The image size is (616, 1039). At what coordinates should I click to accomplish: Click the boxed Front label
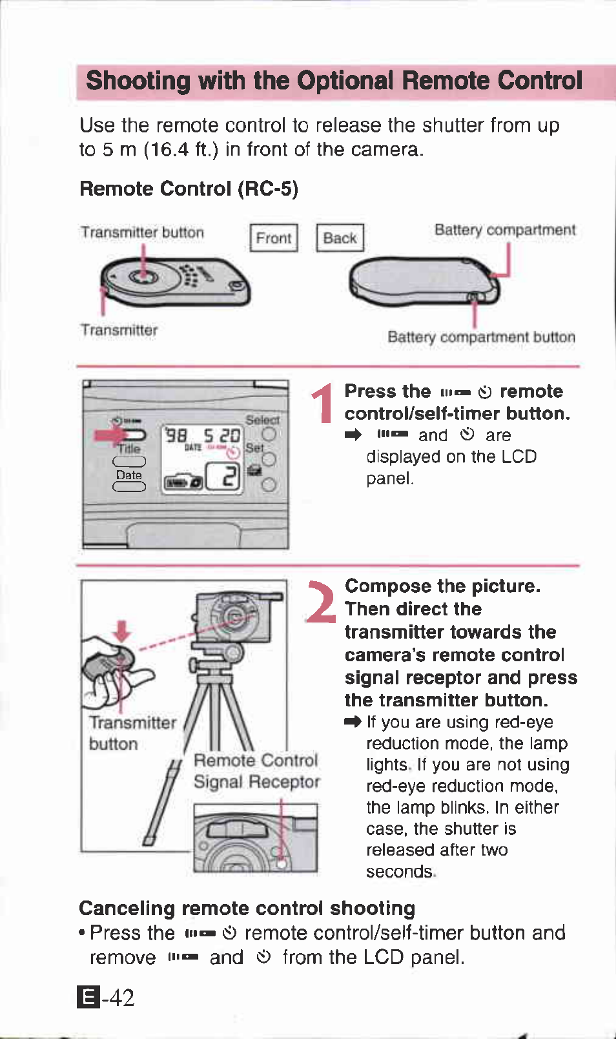tap(274, 238)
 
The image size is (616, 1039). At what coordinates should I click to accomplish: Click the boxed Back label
tap(340, 238)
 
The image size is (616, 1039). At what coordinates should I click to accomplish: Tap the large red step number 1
tap(322, 403)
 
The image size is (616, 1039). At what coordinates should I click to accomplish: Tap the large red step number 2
tap(321, 602)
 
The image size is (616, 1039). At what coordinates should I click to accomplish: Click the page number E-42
tap(106, 997)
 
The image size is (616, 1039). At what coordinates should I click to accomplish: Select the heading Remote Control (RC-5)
tap(189, 189)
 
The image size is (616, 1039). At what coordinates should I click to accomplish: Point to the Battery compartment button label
tap(481, 337)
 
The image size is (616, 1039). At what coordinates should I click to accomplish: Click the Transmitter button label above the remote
tap(142, 232)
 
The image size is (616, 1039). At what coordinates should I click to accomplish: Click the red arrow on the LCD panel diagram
tap(110, 435)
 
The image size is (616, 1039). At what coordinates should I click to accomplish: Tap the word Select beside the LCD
tap(262, 420)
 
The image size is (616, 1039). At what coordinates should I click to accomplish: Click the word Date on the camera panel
tap(128, 475)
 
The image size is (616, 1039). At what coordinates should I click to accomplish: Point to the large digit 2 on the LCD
tap(230, 477)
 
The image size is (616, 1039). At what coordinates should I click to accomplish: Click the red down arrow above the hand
tap(122, 630)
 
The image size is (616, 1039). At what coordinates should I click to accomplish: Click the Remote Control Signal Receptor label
tap(256, 771)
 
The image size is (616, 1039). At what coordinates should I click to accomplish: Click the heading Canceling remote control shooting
tap(247, 908)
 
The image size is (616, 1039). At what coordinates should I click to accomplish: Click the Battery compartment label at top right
tap(504, 230)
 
